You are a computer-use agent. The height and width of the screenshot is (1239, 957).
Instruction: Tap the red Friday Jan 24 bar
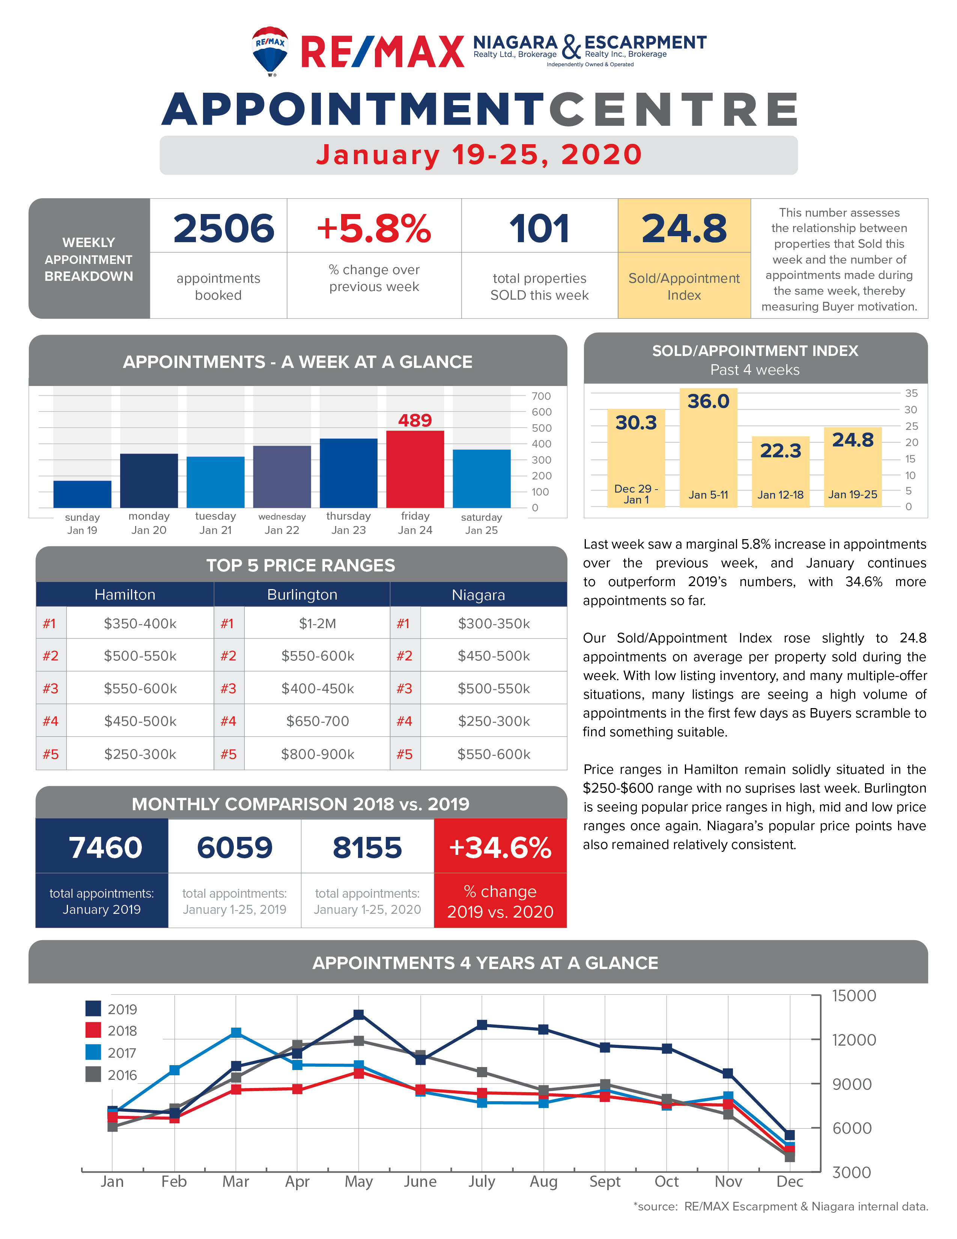tap(415, 469)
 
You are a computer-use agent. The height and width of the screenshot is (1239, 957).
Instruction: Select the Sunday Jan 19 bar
tap(82, 494)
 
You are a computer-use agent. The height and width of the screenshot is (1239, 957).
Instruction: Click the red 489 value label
tap(415, 421)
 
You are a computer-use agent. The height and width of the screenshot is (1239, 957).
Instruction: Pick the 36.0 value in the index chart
tap(708, 401)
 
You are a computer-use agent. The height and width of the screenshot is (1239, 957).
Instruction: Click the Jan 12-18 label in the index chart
tap(781, 495)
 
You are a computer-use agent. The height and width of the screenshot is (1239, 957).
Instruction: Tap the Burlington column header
tap(302, 595)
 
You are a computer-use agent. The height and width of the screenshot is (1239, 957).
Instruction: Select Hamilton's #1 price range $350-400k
tap(140, 624)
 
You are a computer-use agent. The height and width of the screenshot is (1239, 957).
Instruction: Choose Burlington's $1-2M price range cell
tap(317, 624)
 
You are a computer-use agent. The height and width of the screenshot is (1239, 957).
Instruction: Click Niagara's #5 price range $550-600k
tap(494, 754)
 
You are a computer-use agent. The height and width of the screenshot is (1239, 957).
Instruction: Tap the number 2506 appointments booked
tap(224, 229)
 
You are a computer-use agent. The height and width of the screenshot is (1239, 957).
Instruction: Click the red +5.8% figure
tap(374, 229)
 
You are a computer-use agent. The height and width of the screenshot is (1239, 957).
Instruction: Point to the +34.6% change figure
tap(500, 847)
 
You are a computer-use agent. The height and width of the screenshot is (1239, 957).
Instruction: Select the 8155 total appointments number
tap(367, 847)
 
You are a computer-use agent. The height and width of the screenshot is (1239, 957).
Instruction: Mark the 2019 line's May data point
tap(359, 1014)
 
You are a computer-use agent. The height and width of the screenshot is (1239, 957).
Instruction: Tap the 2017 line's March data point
tap(236, 1032)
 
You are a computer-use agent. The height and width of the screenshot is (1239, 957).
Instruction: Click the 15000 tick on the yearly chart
tap(854, 996)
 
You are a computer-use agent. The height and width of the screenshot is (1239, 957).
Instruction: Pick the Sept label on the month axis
tap(605, 1181)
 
